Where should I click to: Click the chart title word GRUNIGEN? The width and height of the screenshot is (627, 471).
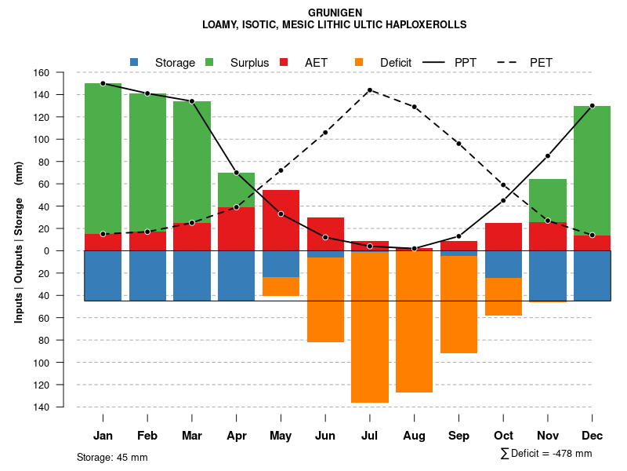click(334, 13)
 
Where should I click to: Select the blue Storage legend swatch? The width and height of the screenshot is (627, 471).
click(134, 62)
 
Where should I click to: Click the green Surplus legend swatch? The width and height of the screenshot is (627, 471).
click(209, 62)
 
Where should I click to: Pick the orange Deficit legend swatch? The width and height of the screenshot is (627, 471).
click(359, 62)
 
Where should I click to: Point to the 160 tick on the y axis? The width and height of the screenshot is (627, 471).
click(62, 73)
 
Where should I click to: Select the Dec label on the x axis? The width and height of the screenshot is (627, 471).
click(593, 436)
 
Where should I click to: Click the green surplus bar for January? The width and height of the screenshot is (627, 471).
click(103, 157)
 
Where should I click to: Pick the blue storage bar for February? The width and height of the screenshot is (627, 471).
click(147, 276)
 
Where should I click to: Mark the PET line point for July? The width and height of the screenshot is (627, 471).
click(369, 90)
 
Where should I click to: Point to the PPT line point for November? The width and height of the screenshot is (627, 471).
click(548, 156)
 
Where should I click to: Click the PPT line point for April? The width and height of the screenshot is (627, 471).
click(236, 173)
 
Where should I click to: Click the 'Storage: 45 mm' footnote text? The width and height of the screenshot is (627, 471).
click(112, 457)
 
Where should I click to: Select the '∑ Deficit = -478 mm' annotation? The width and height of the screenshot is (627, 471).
click(545, 453)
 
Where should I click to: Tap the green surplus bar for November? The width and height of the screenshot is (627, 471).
click(548, 200)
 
